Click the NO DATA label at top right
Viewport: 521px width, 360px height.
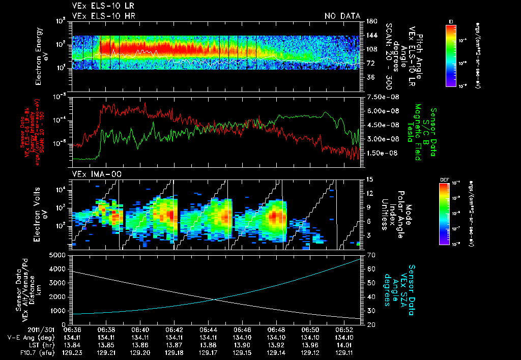(x=342, y=16)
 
